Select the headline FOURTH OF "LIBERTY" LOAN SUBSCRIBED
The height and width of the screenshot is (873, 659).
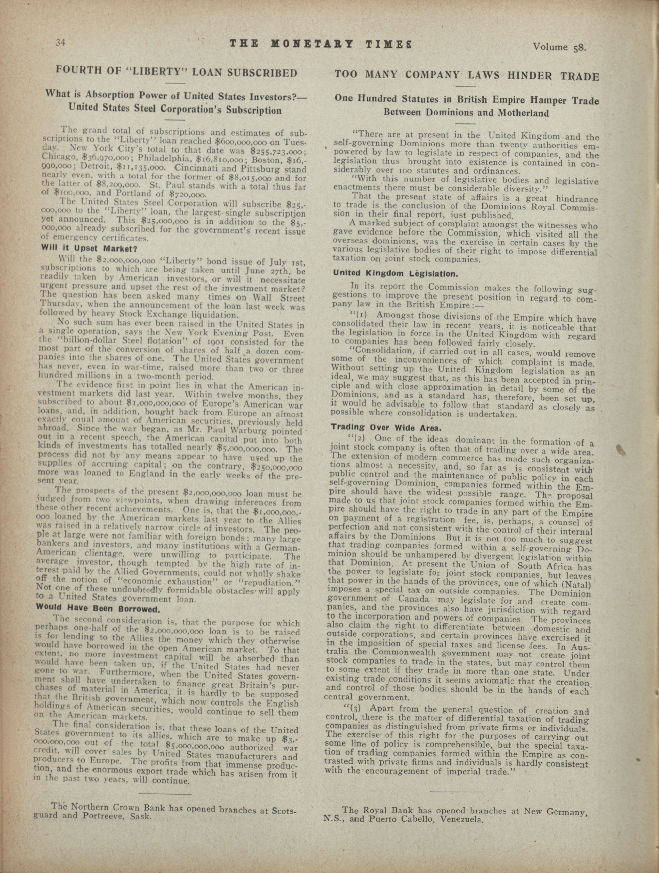pos(177,73)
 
